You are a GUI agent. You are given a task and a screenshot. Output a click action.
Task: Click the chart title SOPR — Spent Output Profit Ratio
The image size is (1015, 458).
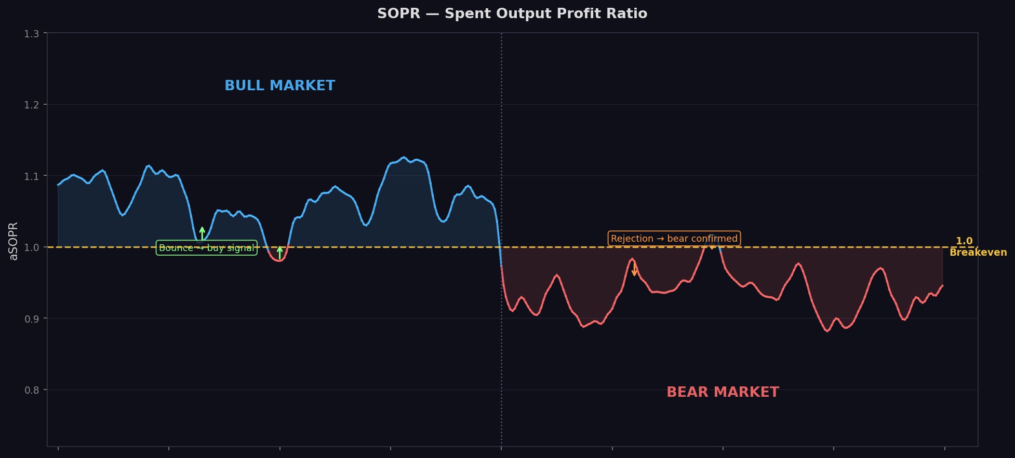click(512, 13)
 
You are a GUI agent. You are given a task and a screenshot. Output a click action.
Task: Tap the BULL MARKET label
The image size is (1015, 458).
click(279, 86)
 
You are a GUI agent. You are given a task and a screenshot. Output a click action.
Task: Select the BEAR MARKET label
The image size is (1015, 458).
click(722, 392)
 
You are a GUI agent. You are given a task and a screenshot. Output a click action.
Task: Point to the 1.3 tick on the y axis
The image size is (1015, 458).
click(31, 34)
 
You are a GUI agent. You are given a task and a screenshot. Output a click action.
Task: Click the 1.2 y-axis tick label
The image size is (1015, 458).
click(31, 105)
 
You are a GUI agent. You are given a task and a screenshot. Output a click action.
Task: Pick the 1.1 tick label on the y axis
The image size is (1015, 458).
click(31, 176)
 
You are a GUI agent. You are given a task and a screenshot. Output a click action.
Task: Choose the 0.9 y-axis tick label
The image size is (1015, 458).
click(31, 318)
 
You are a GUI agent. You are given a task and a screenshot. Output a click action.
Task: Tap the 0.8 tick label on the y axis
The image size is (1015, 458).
click(31, 390)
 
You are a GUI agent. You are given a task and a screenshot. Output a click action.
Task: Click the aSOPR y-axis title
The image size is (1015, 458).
click(14, 241)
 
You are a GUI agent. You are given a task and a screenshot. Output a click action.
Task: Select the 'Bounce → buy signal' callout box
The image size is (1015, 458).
click(206, 248)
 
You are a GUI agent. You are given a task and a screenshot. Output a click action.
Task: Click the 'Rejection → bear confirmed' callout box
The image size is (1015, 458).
click(674, 239)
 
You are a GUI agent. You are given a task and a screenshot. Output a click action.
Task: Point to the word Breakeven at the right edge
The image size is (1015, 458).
click(978, 253)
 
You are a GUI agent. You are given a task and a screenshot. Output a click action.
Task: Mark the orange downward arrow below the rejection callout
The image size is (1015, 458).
click(634, 269)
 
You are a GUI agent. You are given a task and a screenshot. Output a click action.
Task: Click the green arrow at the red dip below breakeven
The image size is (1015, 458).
click(279, 252)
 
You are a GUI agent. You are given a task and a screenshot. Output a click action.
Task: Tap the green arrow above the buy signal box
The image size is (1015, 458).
click(202, 233)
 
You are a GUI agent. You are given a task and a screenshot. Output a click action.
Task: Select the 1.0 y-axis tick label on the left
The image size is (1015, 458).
click(31, 247)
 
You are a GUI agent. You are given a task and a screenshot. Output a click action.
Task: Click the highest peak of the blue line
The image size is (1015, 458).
click(403, 157)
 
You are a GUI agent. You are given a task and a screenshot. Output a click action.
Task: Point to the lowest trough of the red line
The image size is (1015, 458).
click(827, 331)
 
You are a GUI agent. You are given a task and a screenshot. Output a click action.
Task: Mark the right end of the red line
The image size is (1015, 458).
click(942, 285)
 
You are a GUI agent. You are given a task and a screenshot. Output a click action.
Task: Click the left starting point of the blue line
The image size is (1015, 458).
click(58, 185)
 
